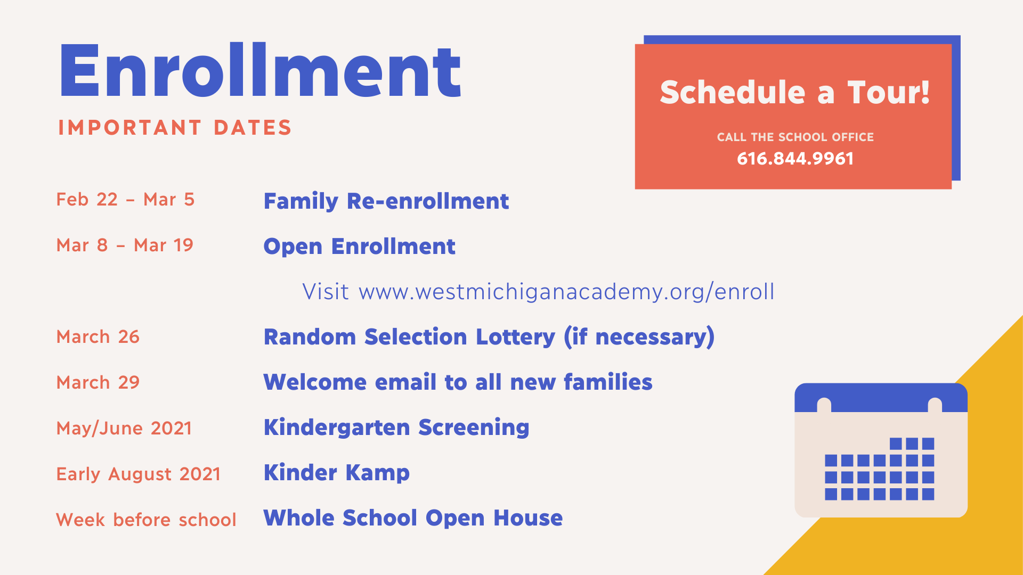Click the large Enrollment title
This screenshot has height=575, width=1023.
(260, 71)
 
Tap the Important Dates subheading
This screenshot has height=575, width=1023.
(175, 128)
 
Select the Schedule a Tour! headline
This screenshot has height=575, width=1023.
(794, 92)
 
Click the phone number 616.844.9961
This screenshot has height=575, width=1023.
(795, 159)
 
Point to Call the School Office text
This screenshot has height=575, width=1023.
(795, 137)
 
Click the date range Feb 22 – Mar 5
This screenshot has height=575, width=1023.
(125, 200)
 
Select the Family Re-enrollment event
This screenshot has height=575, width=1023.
(386, 201)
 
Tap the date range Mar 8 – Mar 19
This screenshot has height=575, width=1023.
(125, 245)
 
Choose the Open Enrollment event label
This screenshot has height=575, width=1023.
(359, 247)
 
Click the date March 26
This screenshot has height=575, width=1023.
(98, 336)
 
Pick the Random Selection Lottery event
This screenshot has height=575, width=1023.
(489, 337)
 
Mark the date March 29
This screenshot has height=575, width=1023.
(98, 382)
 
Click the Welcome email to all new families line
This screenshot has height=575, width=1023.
(458, 382)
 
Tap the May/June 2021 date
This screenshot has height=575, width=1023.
(124, 428)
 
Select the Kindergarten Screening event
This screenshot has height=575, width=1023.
(396, 428)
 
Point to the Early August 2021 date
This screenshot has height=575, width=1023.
(138, 474)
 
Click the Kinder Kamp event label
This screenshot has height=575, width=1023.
(336, 473)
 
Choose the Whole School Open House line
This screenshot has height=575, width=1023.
(413, 518)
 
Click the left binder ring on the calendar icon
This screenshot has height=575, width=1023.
(824, 405)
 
